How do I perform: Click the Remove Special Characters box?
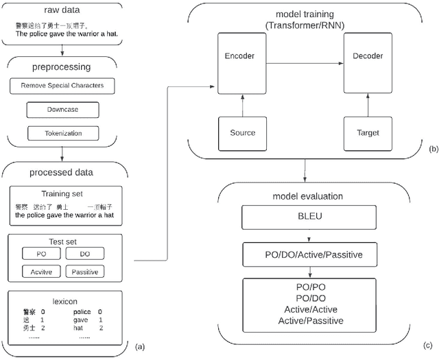62,87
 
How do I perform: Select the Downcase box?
62,110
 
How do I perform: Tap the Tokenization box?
62,132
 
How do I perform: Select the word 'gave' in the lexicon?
82,320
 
